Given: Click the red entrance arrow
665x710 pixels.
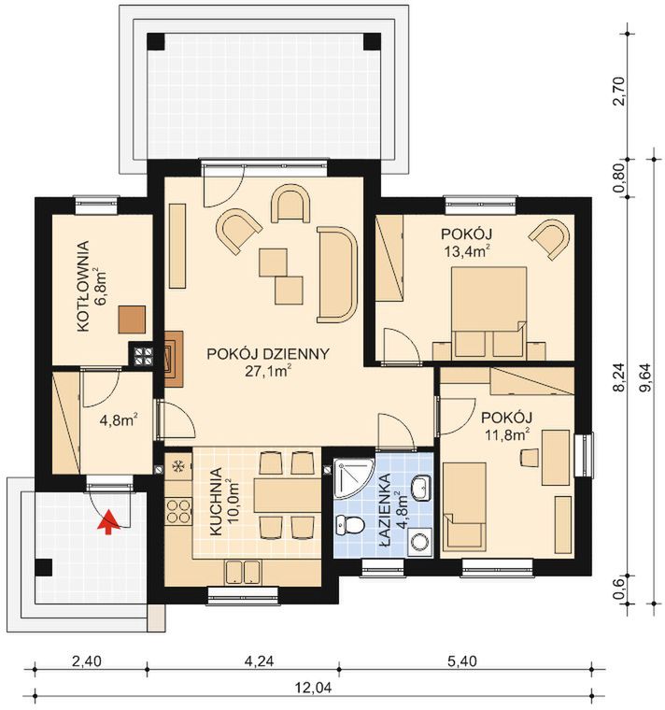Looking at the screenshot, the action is (108, 521).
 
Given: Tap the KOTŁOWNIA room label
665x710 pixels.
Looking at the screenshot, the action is (83, 287).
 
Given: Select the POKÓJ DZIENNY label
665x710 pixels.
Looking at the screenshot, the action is (268, 354).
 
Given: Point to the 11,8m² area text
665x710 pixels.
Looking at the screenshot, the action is (507, 434).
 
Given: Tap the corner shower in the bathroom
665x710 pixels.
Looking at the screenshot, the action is (353, 478).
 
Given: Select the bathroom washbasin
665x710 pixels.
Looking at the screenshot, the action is (422, 488).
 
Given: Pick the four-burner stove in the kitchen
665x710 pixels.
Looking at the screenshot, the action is (177, 511).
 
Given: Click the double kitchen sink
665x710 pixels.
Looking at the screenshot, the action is (242, 572).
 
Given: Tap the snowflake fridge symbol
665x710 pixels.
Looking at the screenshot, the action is (178, 464).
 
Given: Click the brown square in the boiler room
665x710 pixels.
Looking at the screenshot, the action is (133, 319).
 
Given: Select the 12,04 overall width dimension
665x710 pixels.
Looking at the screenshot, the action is (313, 689).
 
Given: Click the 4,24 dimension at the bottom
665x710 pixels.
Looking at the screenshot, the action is (259, 661).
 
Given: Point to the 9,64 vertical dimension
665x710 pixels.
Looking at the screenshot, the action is (646, 378).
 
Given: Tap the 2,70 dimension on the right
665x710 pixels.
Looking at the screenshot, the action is (619, 91).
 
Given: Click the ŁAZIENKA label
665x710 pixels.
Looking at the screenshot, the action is (385, 511).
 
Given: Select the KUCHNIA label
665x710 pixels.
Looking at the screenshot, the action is (217, 502).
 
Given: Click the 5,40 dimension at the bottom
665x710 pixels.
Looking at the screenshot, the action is (462, 661).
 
